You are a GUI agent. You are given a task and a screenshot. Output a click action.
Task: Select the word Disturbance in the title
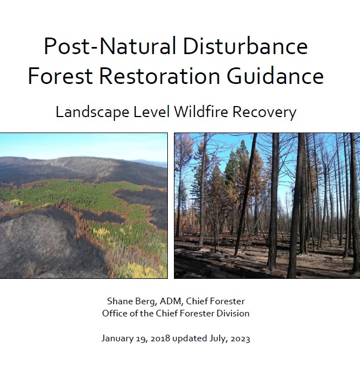(x=245, y=46)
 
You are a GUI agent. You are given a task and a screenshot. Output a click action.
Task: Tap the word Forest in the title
(x=61, y=76)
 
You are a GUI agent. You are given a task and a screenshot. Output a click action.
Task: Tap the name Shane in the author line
(x=119, y=301)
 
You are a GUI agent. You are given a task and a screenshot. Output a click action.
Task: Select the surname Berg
(x=146, y=302)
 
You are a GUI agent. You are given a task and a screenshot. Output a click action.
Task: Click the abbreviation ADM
(x=171, y=301)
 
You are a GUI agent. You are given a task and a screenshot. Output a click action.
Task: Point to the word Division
(x=233, y=313)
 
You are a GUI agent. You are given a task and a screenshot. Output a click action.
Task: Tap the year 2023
(x=239, y=339)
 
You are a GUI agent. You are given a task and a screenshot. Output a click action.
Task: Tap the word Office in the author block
(x=114, y=313)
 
